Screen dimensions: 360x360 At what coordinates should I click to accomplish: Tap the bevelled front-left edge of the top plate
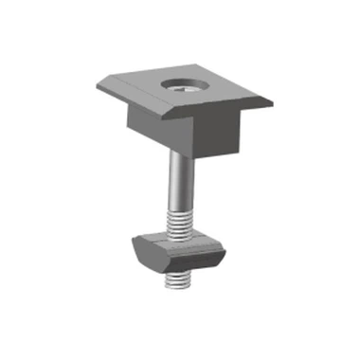coord(142,104)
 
